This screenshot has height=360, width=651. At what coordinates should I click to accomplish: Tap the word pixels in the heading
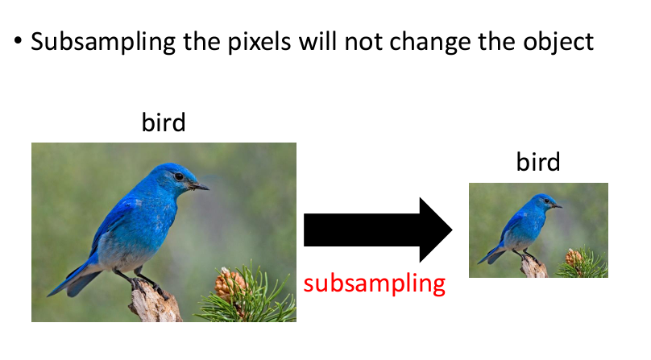259,42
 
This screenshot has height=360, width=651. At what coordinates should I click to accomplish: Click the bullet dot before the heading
18,41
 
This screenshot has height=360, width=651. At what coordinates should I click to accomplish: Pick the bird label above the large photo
164,122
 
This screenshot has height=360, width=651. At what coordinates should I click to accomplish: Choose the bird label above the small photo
538,161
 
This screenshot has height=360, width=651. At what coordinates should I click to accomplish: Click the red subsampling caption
375,284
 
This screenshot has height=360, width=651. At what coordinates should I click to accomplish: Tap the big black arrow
378,230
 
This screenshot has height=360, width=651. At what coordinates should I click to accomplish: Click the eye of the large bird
179,176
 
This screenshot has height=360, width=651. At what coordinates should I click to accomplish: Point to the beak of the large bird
199,186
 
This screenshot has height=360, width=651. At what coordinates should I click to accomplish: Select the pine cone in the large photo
227,283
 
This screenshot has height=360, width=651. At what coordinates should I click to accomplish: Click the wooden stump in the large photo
155,302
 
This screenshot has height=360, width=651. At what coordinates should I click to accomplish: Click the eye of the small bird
547,201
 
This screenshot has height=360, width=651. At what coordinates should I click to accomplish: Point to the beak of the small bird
558,206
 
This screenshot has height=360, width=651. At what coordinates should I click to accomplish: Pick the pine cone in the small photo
574,257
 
